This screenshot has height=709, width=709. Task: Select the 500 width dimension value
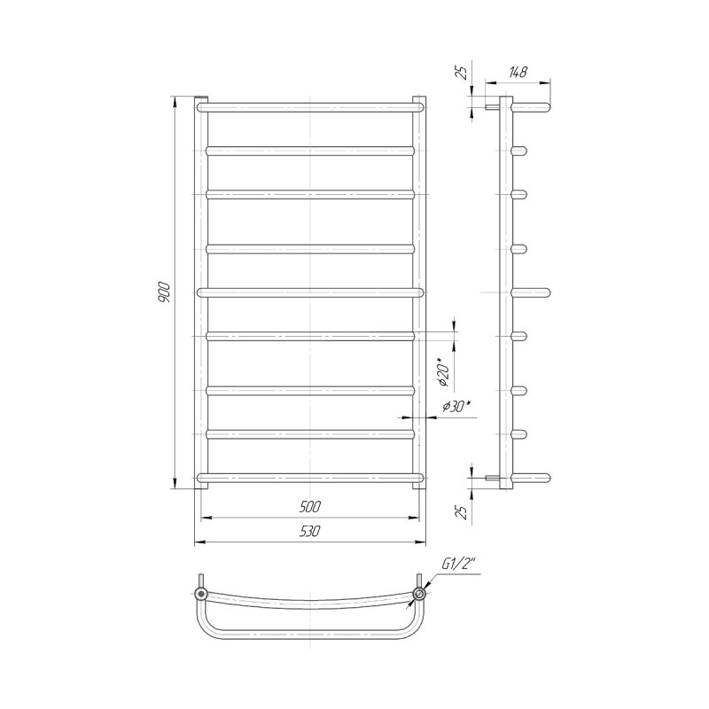point(309,507)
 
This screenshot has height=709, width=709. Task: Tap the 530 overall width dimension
point(309,531)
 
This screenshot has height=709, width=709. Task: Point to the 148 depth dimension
point(518,72)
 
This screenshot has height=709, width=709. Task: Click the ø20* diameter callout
point(445,372)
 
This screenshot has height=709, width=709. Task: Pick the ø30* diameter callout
point(456,407)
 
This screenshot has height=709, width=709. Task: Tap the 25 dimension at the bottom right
point(462,512)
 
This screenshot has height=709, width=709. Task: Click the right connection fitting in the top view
point(420,593)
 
